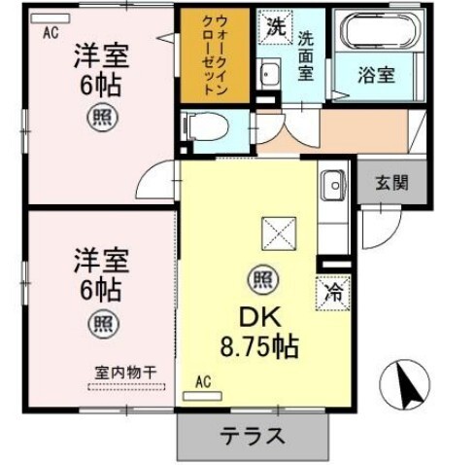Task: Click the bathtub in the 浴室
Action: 379,30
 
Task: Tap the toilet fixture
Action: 206,126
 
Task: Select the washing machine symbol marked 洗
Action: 276,27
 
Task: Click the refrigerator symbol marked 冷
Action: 333,293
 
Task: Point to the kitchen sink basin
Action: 333,185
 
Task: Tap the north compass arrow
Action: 407,387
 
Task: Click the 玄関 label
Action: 391,183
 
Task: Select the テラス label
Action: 254,437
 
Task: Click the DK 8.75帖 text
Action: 259,332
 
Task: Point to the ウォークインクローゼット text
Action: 215,54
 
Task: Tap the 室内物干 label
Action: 125,373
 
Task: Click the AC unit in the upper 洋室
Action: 51,18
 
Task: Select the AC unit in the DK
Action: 202,396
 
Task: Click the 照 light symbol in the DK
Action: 263,279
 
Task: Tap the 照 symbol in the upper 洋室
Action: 102,117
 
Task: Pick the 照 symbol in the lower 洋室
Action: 104,323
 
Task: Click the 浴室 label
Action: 376,75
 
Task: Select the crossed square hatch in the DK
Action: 279,233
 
